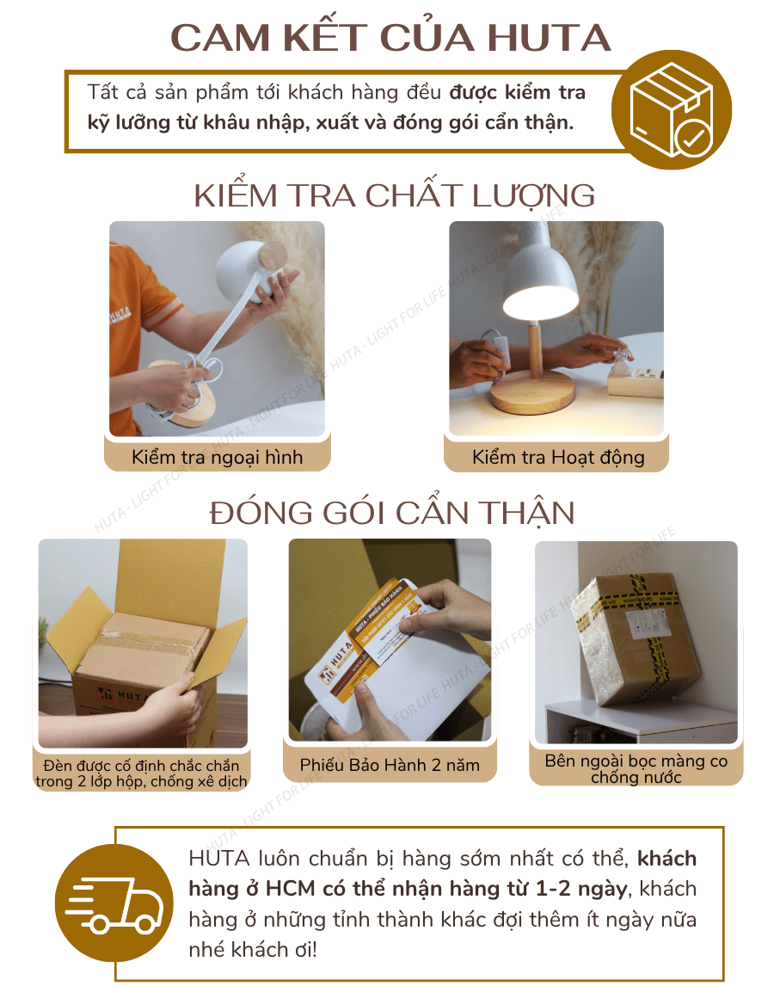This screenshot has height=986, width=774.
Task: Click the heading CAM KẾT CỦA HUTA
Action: [x=390, y=39]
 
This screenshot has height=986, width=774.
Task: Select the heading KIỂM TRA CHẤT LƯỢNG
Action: [x=394, y=195]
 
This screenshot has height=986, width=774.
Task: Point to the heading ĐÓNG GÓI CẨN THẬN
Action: [x=392, y=513]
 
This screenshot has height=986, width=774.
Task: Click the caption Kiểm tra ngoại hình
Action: [x=217, y=457]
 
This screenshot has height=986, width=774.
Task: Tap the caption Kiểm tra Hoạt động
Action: [x=557, y=457]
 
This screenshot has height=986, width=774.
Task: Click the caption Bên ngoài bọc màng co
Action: [x=636, y=761]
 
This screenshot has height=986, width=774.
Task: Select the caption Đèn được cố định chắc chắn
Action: [x=141, y=765]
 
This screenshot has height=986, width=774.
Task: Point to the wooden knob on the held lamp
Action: [x=273, y=257]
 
